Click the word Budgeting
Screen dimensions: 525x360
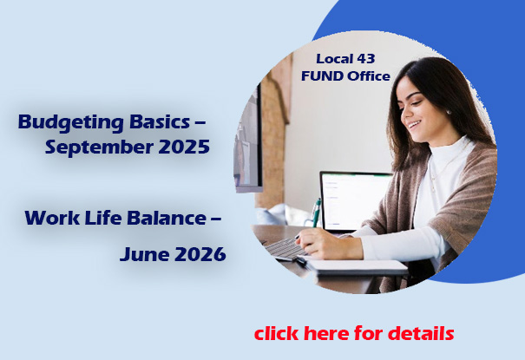coord(71,123)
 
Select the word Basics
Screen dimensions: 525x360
coord(160,121)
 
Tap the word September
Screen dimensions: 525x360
coord(100,147)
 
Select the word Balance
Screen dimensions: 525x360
coord(167,218)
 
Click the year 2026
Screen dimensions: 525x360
coord(200,254)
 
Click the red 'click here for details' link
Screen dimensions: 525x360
coord(354,333)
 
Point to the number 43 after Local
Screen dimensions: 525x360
coord(365,59)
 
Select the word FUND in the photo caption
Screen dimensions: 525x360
coord(322,76)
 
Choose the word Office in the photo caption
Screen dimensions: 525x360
coord(369,76)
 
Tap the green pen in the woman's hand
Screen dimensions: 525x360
coord(316,213)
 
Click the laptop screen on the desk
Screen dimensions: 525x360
coord(356,201)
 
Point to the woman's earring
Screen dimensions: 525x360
coord(449,113)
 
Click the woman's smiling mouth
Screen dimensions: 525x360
coord(414,125)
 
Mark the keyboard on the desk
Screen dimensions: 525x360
coord(285,249)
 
